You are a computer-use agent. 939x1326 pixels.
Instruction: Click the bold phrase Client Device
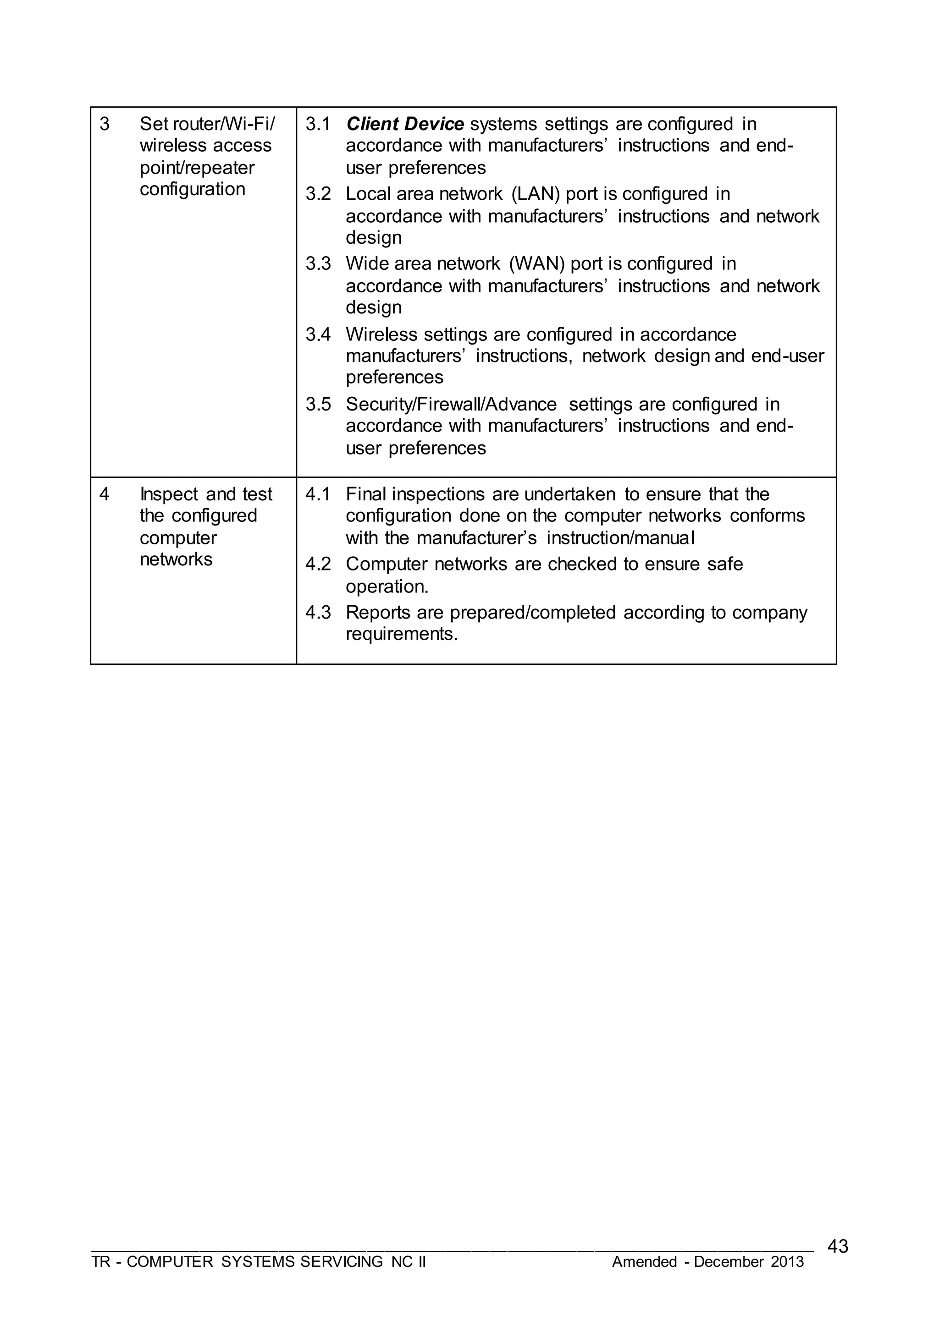pyautogui.click(x=405, y=124)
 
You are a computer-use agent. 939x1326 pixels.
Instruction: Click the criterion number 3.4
pyautogui.click(x=318, y=334)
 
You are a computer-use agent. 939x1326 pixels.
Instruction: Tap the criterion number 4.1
pyautogui.click(x=318, y=494)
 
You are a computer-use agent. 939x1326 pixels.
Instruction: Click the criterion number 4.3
pyautogui.click(x=318, y=613)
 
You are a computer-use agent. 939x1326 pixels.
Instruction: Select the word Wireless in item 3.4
pyautogui.click(x=381, y=334)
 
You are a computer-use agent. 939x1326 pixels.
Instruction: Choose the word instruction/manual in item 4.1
pyautogui.click(x=620, y=538)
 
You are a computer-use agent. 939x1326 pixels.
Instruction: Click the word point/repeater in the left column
pyautogui.click(x=197, y=168)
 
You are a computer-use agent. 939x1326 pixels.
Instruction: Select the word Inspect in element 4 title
pyautogui.click(x=169, y=494)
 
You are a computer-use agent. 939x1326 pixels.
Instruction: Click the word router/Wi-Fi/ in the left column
pyautogui.click(x=224, y=124)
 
